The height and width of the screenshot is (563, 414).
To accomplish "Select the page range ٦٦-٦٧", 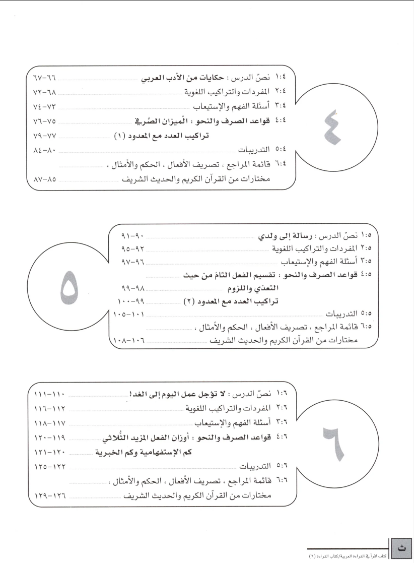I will (44, 80).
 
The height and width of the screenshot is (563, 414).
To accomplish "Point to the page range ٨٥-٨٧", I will (44, 179).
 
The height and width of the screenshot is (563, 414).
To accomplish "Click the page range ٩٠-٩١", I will (133, 236).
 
